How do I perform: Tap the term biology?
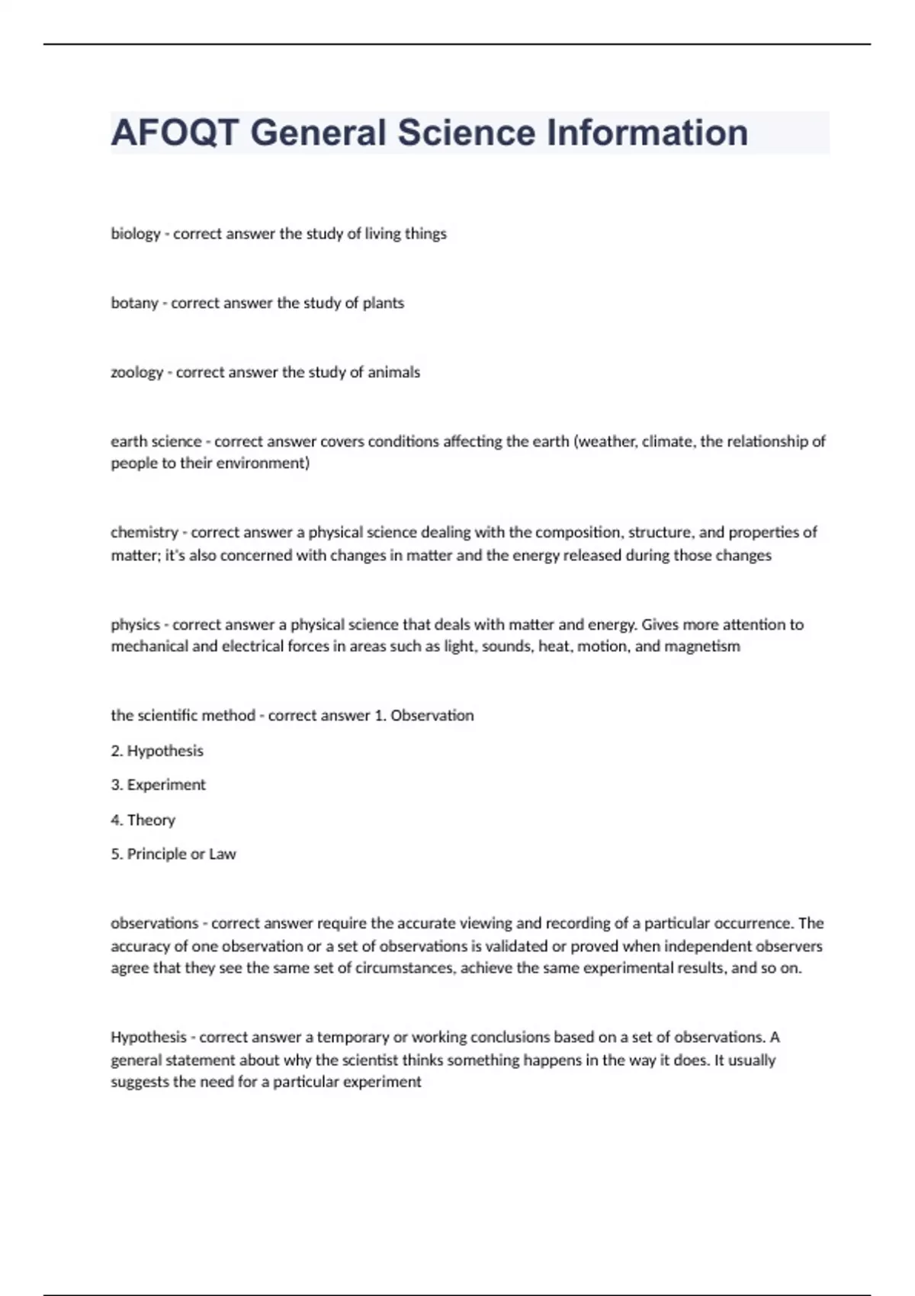click(x=136, y=234)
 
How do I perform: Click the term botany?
click(x=134, y=303)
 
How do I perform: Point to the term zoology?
click(x=137, y=373)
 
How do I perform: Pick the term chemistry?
click(x=144, y=532)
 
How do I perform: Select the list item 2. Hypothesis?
click(x=157, y=751)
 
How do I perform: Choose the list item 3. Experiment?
click(x=158, y=785)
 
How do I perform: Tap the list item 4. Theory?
click(x=143, y=820)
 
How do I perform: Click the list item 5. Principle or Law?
click(x=173, y=855)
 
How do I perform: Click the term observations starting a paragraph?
click(x=155, y=923)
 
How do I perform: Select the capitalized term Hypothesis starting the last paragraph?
click(x=149, y=1038)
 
